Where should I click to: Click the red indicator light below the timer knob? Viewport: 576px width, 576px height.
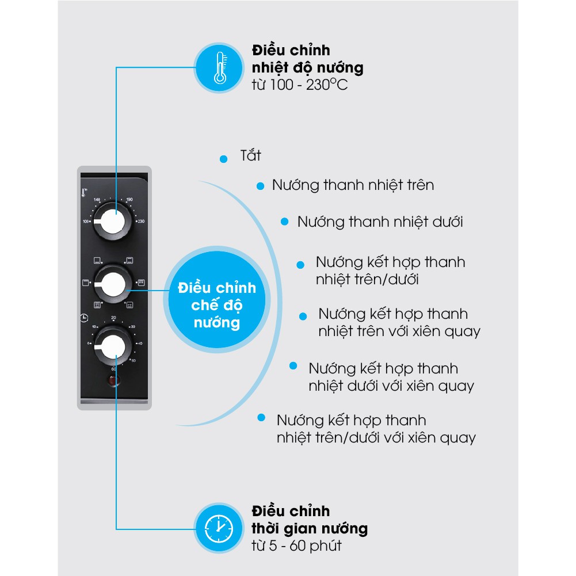click(113, 380)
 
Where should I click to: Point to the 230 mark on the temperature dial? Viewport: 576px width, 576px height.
click(140, 221)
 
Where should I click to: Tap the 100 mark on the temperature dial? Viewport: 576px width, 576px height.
click(86, 221)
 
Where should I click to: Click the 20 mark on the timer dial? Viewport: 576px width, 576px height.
click(113, 318)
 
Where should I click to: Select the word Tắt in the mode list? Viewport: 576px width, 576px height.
click(250, 156)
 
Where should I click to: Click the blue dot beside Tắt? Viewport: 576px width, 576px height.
click(223, 158)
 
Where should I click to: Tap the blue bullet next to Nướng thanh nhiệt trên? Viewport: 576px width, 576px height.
click(260, 185)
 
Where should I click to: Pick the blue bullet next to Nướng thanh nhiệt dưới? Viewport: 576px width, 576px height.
click(284, 222)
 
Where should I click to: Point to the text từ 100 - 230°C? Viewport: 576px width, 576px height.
click(299, 85)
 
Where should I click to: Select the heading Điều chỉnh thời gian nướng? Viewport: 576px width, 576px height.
click(309, 519)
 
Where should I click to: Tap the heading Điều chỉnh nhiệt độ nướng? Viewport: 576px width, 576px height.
click(307, 59)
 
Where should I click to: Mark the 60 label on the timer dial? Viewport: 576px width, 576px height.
click(114, 369)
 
